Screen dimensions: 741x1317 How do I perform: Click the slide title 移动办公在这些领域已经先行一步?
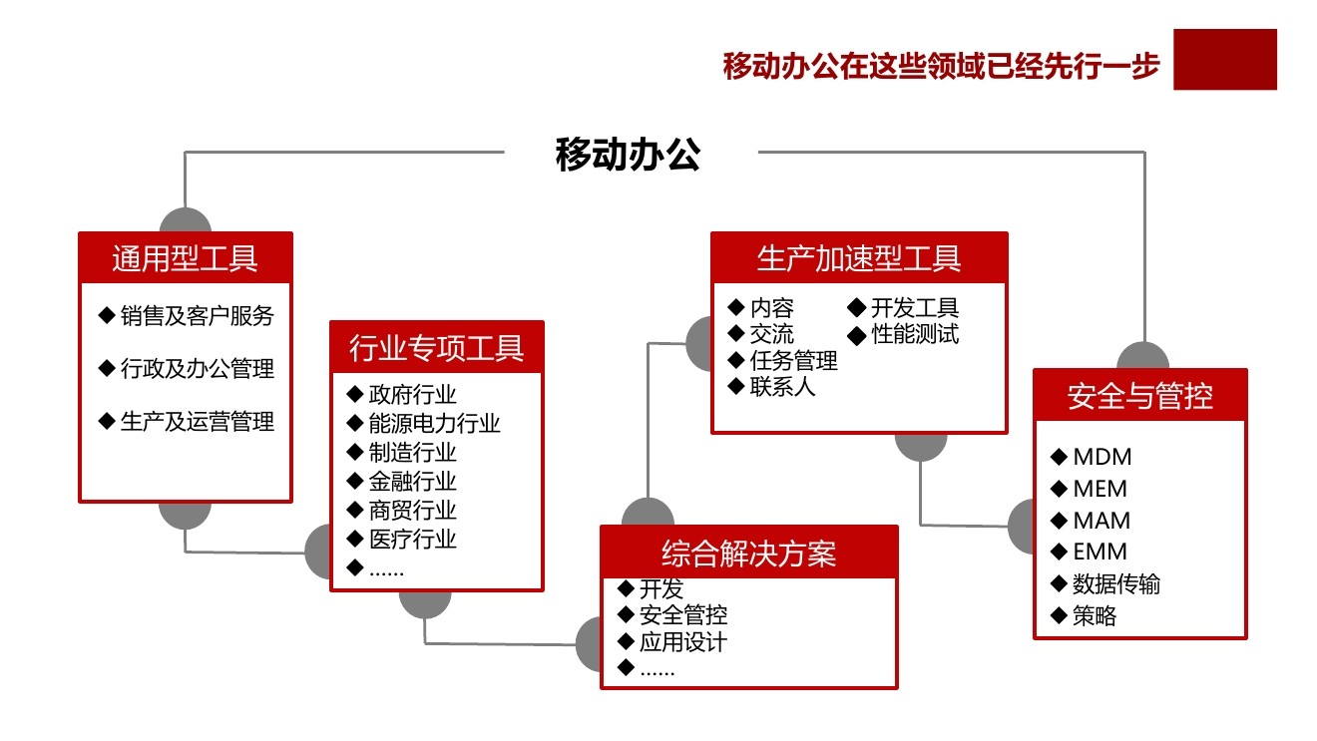point(941,67)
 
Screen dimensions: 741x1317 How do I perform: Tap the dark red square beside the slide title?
point(1224,59)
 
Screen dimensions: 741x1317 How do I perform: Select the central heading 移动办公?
point(628,155)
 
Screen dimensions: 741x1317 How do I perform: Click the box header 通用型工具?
point(186,258)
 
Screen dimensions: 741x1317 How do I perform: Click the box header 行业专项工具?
point(436,348)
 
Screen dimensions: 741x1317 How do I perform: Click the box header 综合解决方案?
point(748,553)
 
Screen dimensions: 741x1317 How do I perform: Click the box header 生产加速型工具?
point(859,258)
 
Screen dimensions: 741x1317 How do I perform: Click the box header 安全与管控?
point(1139,396)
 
